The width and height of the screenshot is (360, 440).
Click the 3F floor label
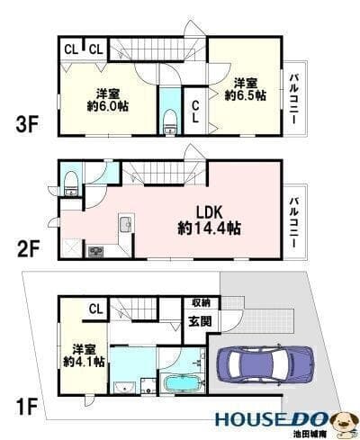pos(27,125)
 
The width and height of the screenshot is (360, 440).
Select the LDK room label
pos(209,212)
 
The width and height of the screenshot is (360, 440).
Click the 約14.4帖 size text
pos(209,229)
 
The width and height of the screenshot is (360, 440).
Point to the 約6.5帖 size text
pos(246,95)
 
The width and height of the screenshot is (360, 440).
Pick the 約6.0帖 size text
pos(108,106)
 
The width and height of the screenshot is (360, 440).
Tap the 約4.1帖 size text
pos(84,362)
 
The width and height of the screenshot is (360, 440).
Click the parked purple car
pos(265,364)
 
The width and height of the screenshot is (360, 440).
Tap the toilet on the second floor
pos(71,183)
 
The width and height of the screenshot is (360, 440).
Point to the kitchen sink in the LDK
pos(126,224)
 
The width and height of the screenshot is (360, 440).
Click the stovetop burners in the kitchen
pos(95,251)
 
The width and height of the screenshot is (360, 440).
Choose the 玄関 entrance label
pos(200,321)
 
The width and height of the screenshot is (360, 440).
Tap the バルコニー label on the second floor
pos(294,222)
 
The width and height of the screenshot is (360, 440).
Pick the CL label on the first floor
pos(95,309)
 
